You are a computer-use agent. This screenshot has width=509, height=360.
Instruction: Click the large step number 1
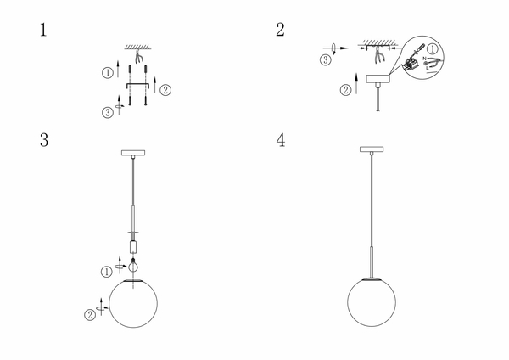(x=43, y=30)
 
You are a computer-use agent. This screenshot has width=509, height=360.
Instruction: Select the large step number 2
(x=280, y=30)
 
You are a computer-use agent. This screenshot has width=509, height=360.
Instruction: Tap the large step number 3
(x=44, y=140)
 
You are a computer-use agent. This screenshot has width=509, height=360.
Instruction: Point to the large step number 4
(x=281, y=140)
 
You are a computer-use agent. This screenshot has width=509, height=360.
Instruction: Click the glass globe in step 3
(x=133, y=303)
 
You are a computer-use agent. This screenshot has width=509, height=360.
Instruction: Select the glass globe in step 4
(x=372, y=302)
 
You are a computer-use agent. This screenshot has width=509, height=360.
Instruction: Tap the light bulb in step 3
(x=133, y=265)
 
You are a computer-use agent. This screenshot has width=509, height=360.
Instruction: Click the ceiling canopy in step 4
(x=372, y=149)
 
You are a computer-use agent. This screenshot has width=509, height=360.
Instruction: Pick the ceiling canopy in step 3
(x=133, y=153)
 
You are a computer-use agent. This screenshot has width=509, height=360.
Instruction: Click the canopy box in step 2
(x=378, y=79)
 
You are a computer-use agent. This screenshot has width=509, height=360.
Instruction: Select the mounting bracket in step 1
(x=137, y=86)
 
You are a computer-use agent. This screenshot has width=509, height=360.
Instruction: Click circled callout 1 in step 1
(x=108, y=73)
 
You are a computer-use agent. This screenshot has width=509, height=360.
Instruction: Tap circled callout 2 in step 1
(x=165, y=90)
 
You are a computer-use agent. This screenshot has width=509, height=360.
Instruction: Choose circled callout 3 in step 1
(x=108, y=113)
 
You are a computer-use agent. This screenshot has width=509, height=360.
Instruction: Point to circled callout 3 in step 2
(x=326, y=59)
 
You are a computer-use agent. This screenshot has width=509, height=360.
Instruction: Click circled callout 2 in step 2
(x=346, y=90)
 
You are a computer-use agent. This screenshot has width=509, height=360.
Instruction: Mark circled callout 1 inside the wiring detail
(x=432, y=49)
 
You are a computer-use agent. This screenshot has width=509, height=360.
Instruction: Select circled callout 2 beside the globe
(x=90, y=314)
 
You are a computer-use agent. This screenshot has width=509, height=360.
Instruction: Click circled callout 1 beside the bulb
(x=107, y=272)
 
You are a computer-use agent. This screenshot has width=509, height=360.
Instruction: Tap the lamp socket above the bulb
(x=133, y=247)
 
